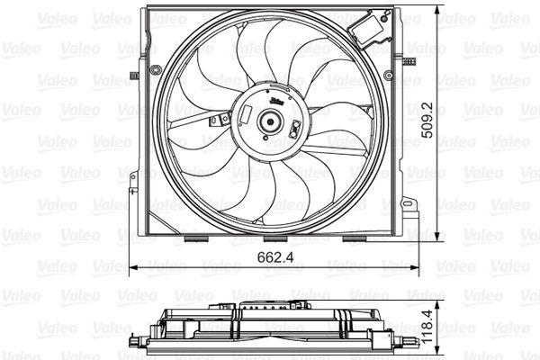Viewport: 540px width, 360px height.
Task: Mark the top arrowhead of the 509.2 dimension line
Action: pyautogui.click(x=439, y=9)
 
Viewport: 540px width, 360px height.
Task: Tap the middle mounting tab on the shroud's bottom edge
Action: pyautogui.click(x=274, y=240)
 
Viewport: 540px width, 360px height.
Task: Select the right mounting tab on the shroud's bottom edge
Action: pyautogui.click(x=356, y=240)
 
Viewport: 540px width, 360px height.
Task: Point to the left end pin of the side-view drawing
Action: pyautogui.click(x=135, y=344)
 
